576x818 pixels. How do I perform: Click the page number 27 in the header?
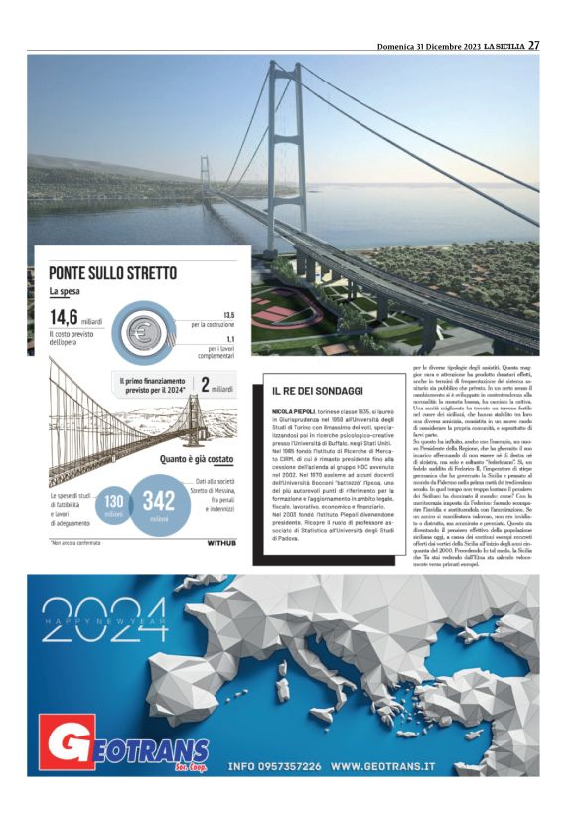pos(533,45)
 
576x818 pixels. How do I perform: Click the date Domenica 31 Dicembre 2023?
pos(429,46)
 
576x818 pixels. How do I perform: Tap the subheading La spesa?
pos(67,291)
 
